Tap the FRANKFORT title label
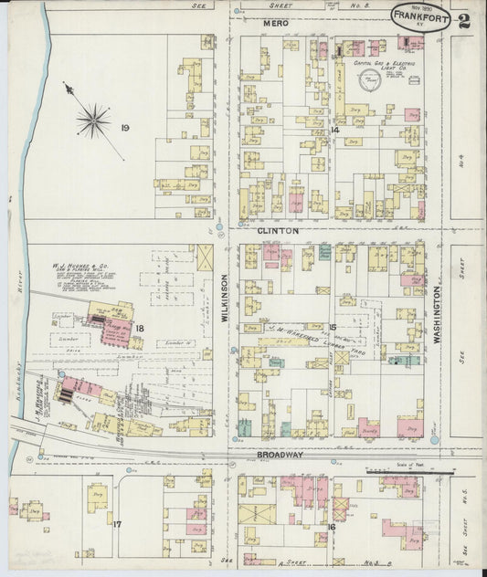(416, 16)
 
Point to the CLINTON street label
(277, 232)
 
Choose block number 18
(139, 327)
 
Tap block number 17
(116, 524)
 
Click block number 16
(333, 527)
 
